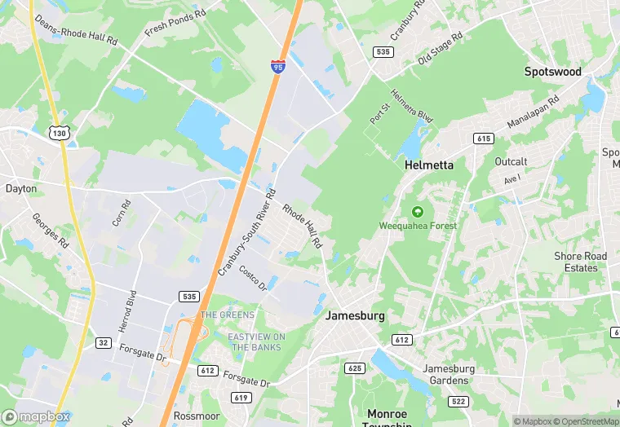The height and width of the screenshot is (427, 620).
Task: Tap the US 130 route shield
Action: coord(58,133)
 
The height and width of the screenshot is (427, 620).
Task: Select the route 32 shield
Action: coord(103,343)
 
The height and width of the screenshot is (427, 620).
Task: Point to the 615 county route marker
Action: coord(484,139)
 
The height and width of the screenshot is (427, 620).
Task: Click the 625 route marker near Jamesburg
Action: coord(354,368)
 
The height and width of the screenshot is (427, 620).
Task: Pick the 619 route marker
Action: coord(241,398)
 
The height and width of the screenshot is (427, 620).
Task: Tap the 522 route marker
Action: coord(458,401)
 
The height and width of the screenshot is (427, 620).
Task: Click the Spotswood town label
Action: coord(553,72)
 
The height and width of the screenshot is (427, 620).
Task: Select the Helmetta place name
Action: coord(429,165)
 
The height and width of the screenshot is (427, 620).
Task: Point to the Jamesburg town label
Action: coord(355,315)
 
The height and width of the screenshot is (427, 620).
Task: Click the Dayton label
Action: coord(21,188)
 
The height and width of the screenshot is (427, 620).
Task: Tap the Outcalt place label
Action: coord(511,161)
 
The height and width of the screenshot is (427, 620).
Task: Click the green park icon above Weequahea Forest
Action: coord(418,211)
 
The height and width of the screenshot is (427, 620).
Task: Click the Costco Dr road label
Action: coord(253,277)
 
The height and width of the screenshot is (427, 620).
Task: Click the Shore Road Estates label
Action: coord(581,262)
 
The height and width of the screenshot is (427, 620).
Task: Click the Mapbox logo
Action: coord(36,416)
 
